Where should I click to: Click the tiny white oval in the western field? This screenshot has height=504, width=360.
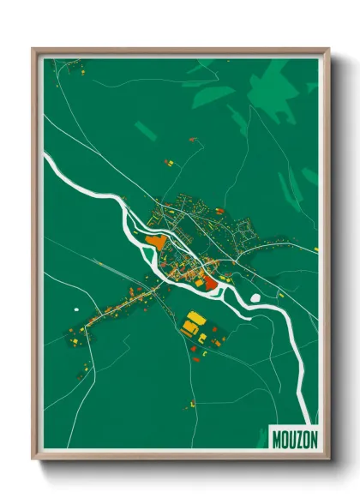click(76, 309)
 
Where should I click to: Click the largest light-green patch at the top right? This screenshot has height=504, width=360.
click(273, 86)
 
